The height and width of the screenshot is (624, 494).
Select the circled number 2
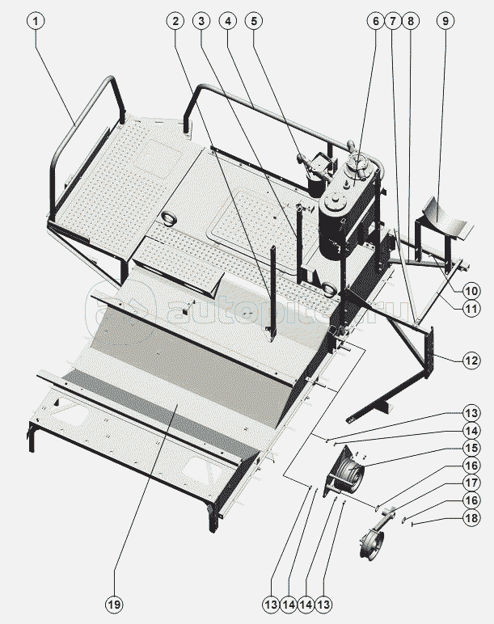pyautogui.click(x=175, y=21)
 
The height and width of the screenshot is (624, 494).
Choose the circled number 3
pyautogui.click(x=201, y=21)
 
